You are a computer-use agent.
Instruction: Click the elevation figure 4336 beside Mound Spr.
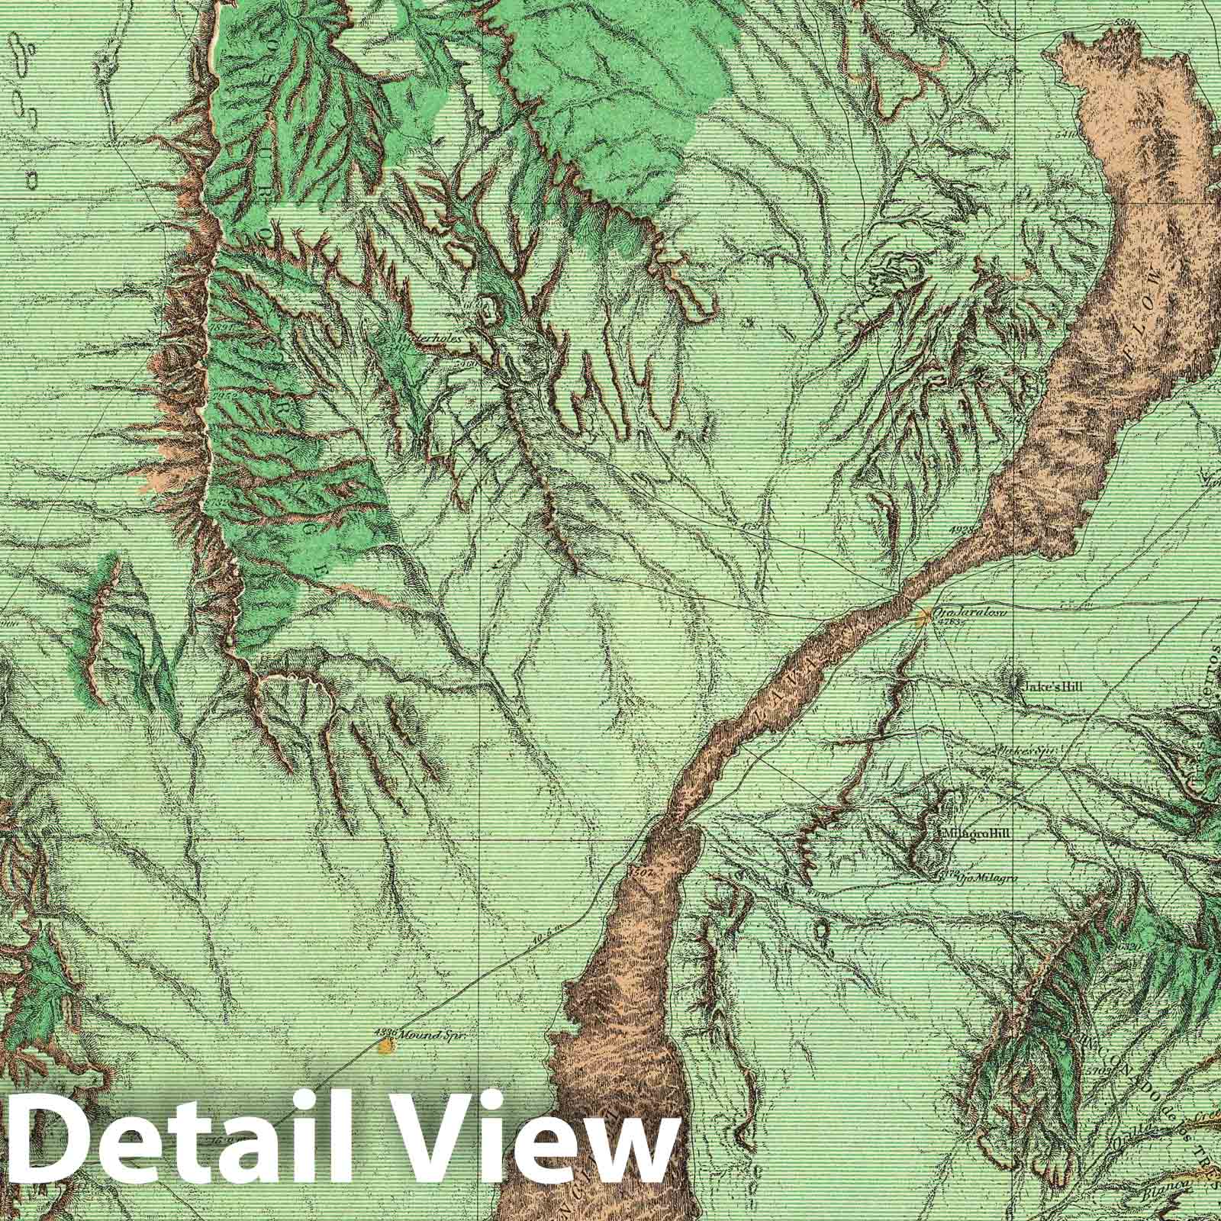tap(385, 1033)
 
